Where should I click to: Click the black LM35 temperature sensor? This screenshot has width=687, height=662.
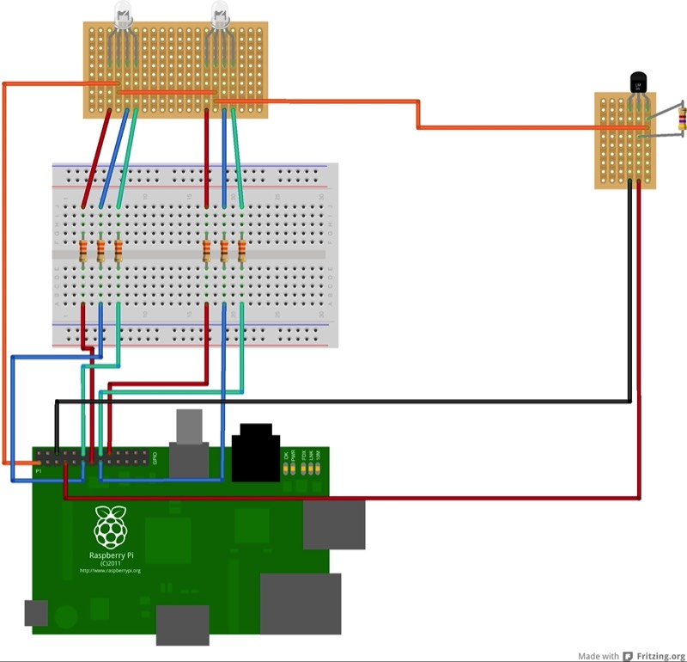[x=639, y=83]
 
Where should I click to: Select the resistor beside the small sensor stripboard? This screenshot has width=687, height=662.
[x=683, y=119]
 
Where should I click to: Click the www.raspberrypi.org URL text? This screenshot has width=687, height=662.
[x=109, y=570]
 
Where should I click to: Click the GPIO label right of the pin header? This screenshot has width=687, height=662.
[x=155, y=457]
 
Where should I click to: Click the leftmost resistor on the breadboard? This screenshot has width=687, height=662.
[x=83, y=251]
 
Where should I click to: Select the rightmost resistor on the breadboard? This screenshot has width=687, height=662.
[x=241, y=251]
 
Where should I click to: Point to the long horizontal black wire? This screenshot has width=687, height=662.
[x=343, y=401]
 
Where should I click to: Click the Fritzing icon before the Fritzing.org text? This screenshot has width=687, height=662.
[x=629, y=654]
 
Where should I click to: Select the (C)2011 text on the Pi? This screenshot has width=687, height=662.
[x=109, y=562]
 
